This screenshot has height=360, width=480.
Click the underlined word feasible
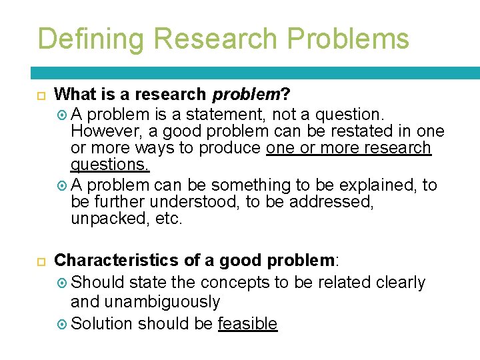[x=247, y=324]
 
